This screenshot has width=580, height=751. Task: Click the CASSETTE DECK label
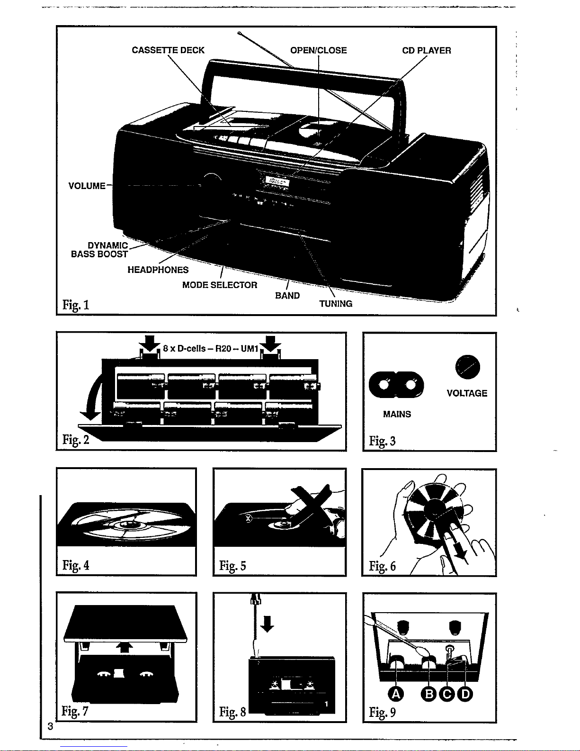tap(168, 50)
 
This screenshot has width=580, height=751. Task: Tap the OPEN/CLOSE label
tap(318, 50)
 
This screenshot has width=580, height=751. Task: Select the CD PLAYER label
tap(426, 50)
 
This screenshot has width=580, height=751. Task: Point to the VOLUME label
tap(87, 186)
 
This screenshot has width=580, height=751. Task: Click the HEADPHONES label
tap(158, 270)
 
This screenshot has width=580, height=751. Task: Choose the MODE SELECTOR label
tap(220, 285)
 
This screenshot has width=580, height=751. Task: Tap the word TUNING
tap(336, 304)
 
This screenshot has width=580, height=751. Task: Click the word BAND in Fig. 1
tap(287, 296)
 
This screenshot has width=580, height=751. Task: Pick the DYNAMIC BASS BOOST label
tap(100, 250)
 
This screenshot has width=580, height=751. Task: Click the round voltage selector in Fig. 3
tap(467, 367)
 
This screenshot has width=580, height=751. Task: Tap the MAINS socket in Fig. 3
tap(396, 385)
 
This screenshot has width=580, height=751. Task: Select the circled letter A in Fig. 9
tap(396, 694)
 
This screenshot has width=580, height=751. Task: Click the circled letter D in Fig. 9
tap(465, 694)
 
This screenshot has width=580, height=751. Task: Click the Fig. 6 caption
tap(382, 566)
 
